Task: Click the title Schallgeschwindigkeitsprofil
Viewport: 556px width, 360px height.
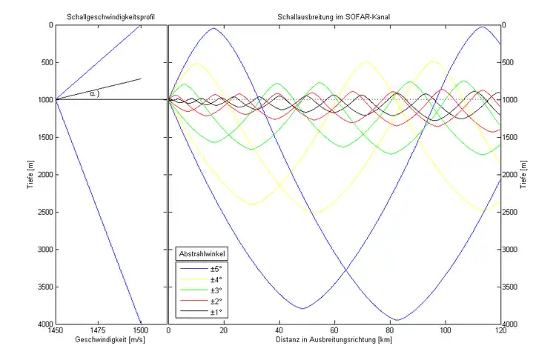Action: pyautogui.click(x=110, y=16)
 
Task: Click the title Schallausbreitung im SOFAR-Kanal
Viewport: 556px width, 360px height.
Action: pyautogui.click(x=334, y=16)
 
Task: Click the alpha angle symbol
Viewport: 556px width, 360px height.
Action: pyautogui.click(x=93, y=93)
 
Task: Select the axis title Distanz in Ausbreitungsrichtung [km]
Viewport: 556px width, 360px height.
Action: pyautogui.click(x=334, y=341)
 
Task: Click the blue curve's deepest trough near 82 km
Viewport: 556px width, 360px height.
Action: pyautogui.click(x=397, y=320)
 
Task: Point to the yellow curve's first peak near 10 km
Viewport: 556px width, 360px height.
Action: pyautogui.click(x=196, y=64)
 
